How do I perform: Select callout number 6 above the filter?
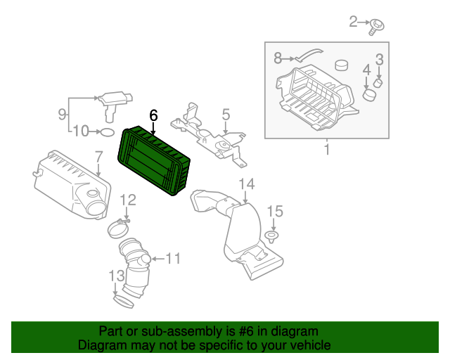point(153,115)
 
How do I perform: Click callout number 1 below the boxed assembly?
point(326,150)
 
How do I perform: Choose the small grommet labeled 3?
point(378,83)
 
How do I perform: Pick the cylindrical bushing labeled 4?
point(368,94)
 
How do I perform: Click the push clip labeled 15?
point(272,234)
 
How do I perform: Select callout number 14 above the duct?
point(245,185)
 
